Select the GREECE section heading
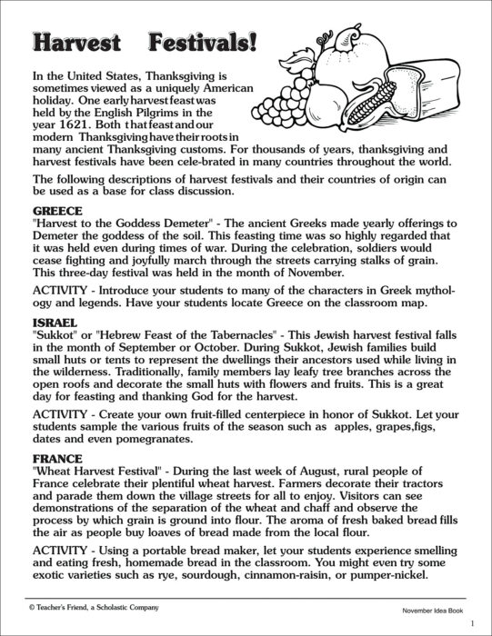pyautogui.click(x=56, y=206)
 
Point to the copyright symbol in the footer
pyautogui.click(x=32, y=607)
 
